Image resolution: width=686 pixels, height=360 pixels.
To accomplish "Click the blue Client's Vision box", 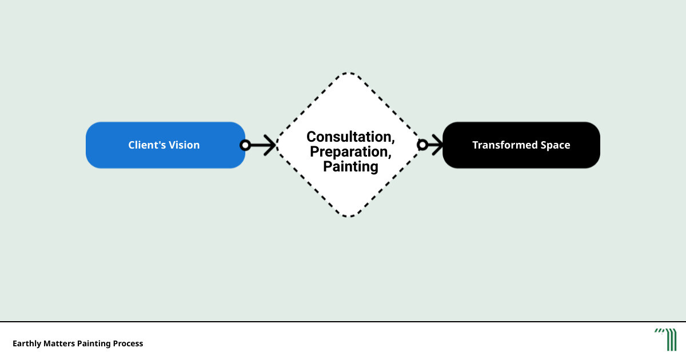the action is [x=165, y=145].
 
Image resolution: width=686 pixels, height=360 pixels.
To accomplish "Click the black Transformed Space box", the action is [x=521, y=145].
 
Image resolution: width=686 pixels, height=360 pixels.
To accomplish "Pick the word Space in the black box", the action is [x=555, y=145].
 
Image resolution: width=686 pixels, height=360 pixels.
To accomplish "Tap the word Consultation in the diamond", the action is [x=349, y=137].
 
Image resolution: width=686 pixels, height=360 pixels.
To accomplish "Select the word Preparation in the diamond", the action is [x=349, y=152].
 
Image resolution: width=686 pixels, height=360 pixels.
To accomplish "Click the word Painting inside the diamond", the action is [x=350, y=166].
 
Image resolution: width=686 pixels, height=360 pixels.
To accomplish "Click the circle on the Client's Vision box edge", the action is [x=245, y=145].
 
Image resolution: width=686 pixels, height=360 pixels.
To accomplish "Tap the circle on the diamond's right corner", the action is [x=422, y=145].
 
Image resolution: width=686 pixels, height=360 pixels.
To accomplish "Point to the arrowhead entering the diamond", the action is [x=270, y=145].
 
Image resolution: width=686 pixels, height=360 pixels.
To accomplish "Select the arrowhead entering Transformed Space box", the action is [x=438, y=145].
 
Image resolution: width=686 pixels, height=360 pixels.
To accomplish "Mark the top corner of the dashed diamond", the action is [x=349, y=73].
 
